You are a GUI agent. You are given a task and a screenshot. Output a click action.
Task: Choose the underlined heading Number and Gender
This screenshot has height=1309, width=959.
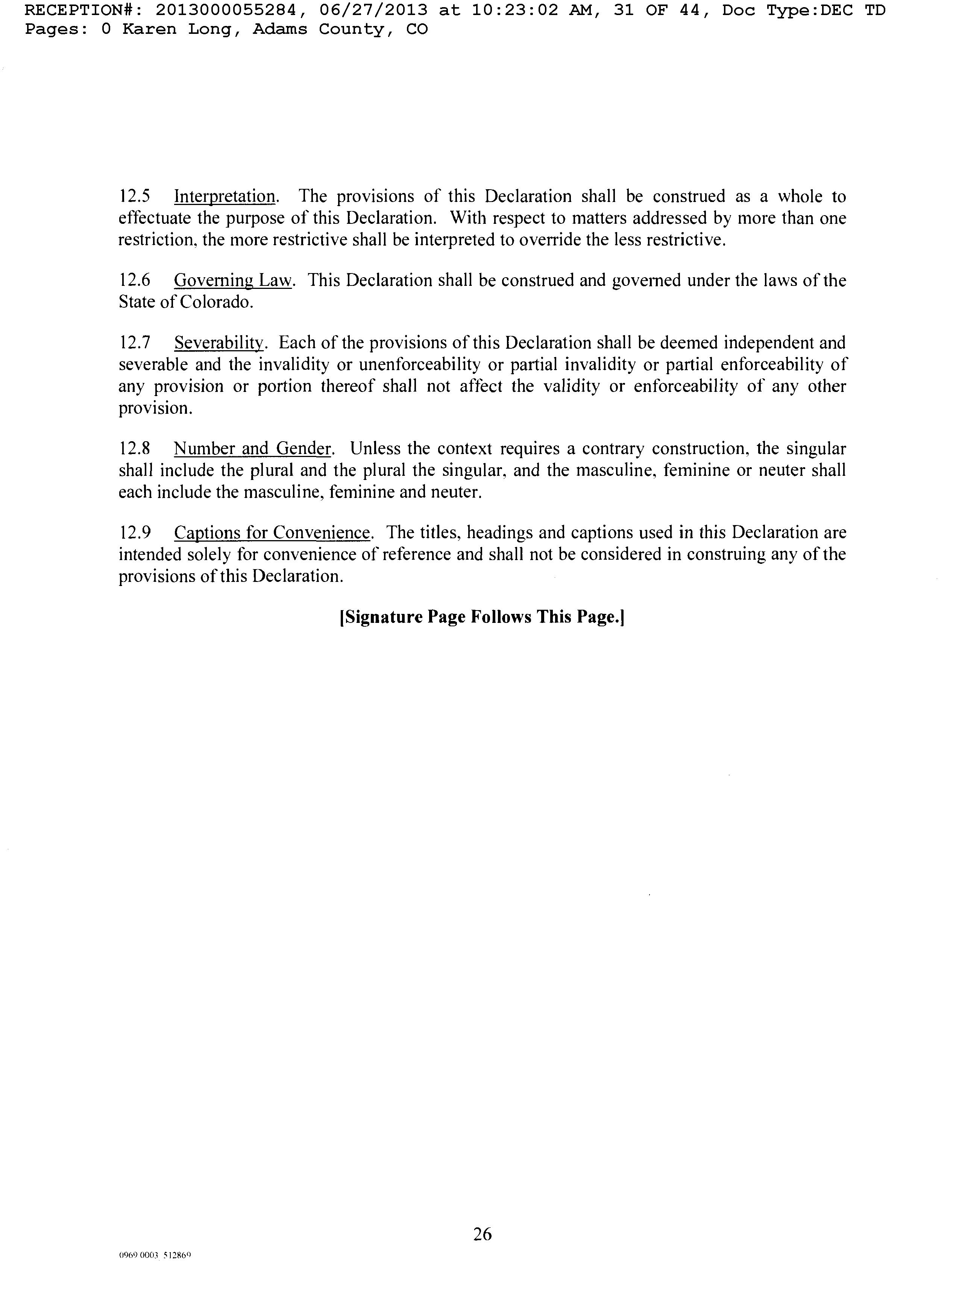click(252, 449)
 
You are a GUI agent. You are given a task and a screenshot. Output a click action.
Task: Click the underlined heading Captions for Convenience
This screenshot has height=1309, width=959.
click(272, 533)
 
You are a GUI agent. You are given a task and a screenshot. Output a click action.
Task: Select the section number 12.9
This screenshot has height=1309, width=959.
click(135, 533)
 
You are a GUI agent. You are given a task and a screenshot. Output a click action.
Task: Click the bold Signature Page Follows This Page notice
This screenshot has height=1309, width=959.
click(481, 617)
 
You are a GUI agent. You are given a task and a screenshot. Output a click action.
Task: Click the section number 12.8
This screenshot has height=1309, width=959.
click(135, 449)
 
